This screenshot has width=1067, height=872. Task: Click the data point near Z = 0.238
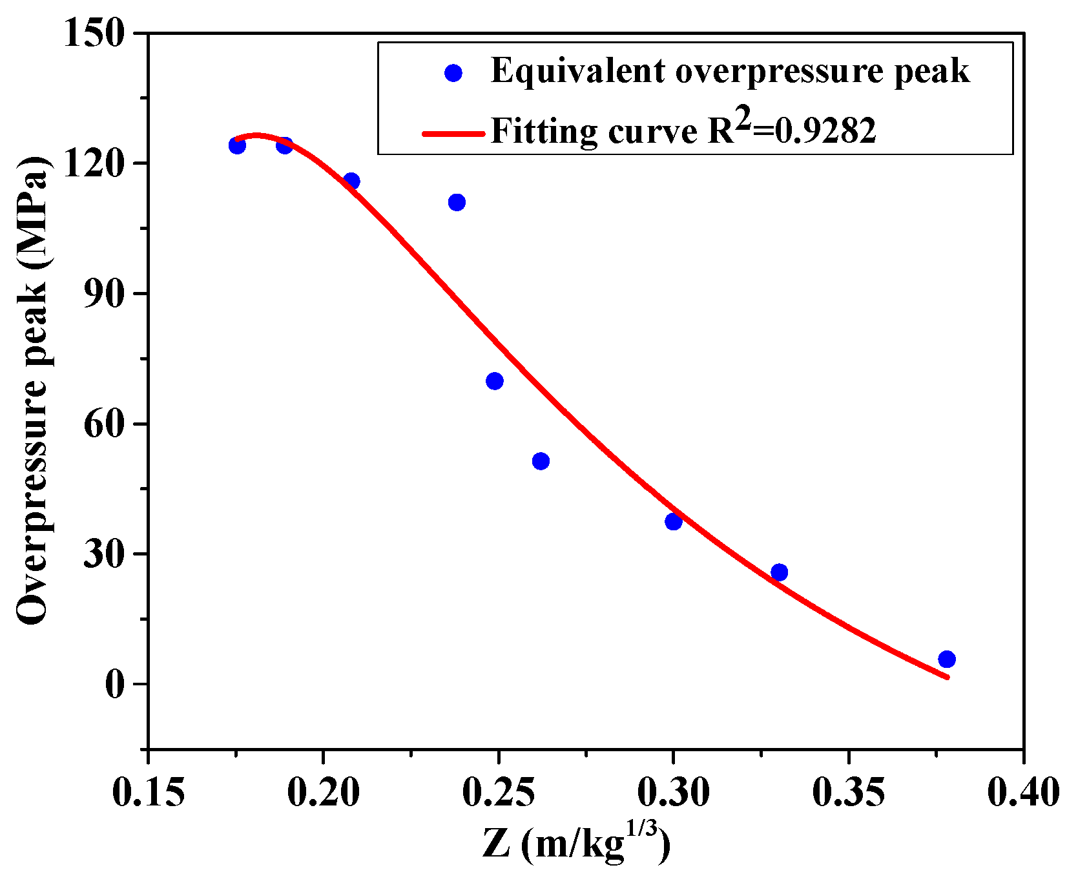pyautogui.click(x=457, y=202)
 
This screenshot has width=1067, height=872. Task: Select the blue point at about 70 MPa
pyautogui.click(x=495, y=381)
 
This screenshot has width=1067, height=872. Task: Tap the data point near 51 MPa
pyautogui.click(x=541, y=461)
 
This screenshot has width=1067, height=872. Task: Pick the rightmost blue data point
pyautogui.click(x=947, y=659)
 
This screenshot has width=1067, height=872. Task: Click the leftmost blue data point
pyautogui.click(x=237, y=145)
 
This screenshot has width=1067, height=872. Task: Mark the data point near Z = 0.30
pyautogui.click(x=674, y=521)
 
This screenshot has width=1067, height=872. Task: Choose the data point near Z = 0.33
pyautogui.click(x=780, y=572)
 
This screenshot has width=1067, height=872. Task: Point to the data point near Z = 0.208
pyautogui.click(x=351, y=181)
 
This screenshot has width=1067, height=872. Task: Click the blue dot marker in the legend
pyautogui.click(x=454, y=73)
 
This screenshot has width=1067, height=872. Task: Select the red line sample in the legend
pyautogui.click(x=453, y=134)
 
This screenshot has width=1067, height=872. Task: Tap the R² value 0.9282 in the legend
pyautogui.click(x=825, y=132)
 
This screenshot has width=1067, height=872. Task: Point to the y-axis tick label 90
pyautogui.click(x=104, y=294)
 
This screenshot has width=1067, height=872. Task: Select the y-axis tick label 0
pyautogui.click(x=115, y=685)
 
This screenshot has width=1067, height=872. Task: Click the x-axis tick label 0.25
pyautogui.click(x=498, y=793)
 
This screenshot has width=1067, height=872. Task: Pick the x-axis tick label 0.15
pyautogui.click(x=149, y=793)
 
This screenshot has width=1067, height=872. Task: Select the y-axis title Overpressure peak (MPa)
pyautogui.click(x=32, y=391)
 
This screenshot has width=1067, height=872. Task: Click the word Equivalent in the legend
pyautogui.click(x=578, y=71)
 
